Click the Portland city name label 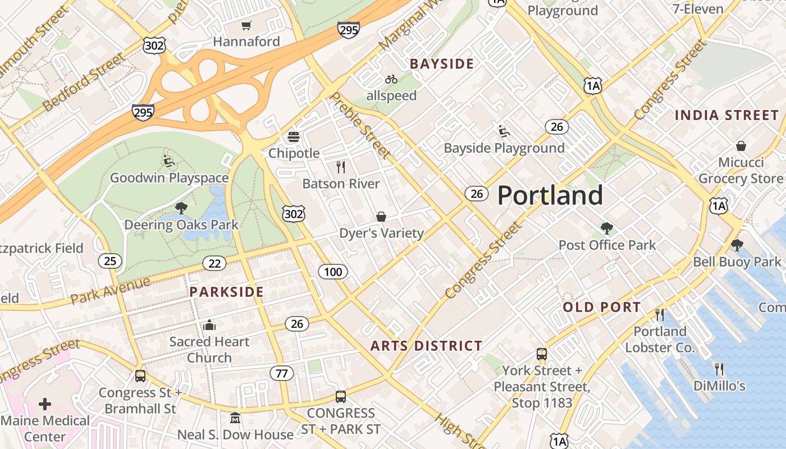[x=550, y=195]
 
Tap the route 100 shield [x=333, y=272]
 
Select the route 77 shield [x=281, y=373]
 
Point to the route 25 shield [x=110, y=260]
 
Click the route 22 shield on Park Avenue [x=214, y=263]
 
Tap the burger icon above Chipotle [x=293, y=137]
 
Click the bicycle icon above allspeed [x=391, y=79]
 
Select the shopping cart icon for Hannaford [x=246, y=25]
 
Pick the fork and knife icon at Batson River [x=340, y=167]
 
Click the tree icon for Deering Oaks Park [x=181, y=208]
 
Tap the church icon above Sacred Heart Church [x=209, y=325]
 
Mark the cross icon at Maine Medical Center [x=45, y=404]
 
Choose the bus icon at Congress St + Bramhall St [x=140, y=375]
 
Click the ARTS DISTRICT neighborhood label [x=426, y=346]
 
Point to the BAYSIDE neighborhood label [x=442, y=64]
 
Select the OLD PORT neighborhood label [x=602, y=307]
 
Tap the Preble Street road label [x=359, y=125]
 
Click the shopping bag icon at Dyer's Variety [x=381, y=217]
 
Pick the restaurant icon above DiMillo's [x=719, y=369]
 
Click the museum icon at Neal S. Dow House [x=235, y=418]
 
